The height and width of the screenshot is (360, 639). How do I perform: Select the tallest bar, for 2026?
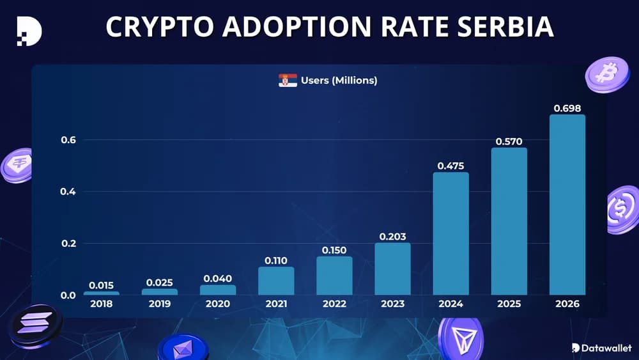click(567, 205)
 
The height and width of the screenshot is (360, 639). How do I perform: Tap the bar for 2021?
click(276, 281)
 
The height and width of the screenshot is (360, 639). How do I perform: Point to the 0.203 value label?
click(392, 237)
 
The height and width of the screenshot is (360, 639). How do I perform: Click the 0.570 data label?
click(509, 141)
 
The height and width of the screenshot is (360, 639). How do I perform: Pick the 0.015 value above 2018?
click(102, 285)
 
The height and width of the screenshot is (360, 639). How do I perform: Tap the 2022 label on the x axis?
click(334, 304)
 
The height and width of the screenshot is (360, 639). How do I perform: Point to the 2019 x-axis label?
click(160, 304)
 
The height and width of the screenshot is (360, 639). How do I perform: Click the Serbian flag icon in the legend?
click(288, 81)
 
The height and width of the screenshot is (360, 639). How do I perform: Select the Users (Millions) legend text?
click(339, 81)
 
